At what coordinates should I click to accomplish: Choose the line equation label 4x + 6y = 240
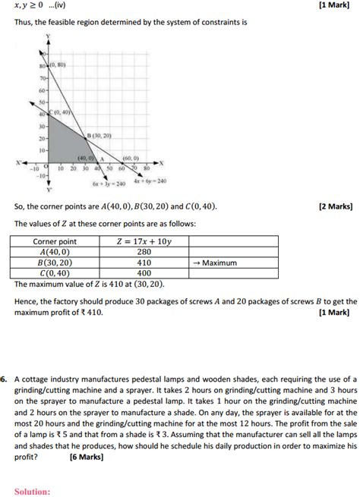tap(150, 181)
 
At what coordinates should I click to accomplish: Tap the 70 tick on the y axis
tap(43, 78)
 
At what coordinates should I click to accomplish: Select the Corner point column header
tap(55, 241)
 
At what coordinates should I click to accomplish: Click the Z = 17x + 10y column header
tap(144, 241)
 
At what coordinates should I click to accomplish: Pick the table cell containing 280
tap(144, 252)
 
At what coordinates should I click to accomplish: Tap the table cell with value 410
tap(144, 263)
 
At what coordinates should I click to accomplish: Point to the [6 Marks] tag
tap(87, 458)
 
